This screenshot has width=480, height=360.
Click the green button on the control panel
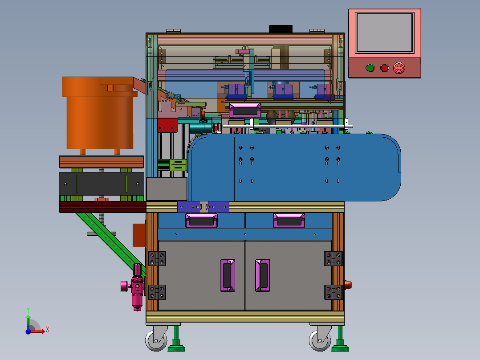point(370,68)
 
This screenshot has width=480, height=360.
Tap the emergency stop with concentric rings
point(399,68)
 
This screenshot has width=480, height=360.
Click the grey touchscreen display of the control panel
point(385,33)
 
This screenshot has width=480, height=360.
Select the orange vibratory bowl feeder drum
point(100,113)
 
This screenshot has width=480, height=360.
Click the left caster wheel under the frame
point(156,340)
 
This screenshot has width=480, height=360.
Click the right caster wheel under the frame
point(320,340)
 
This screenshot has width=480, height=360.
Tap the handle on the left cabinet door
point(228,275)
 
